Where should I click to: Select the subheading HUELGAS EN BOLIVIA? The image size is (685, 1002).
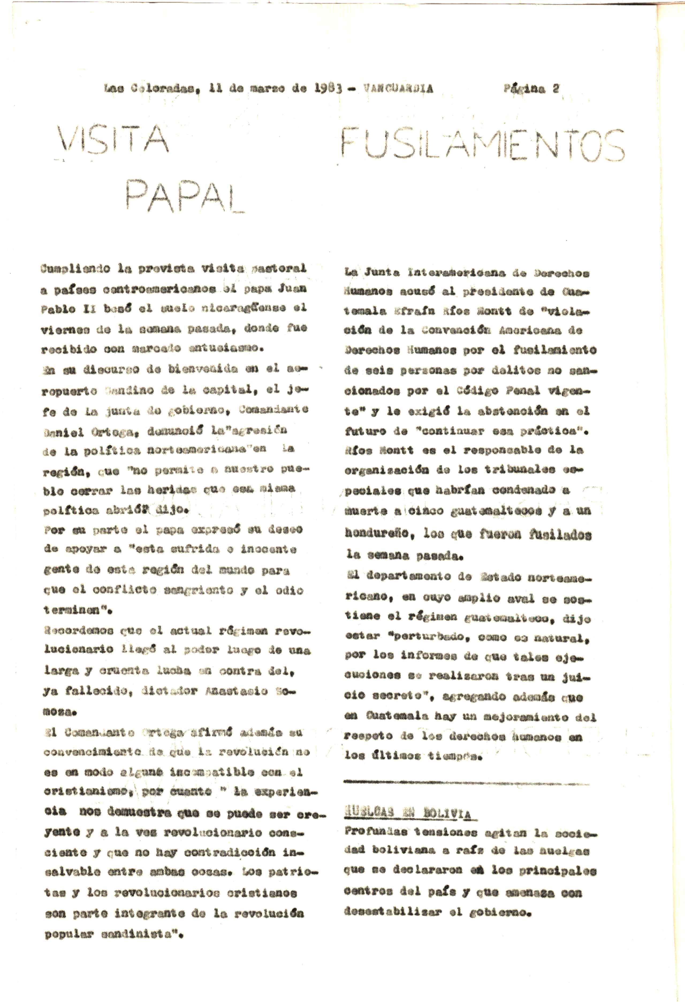407,814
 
